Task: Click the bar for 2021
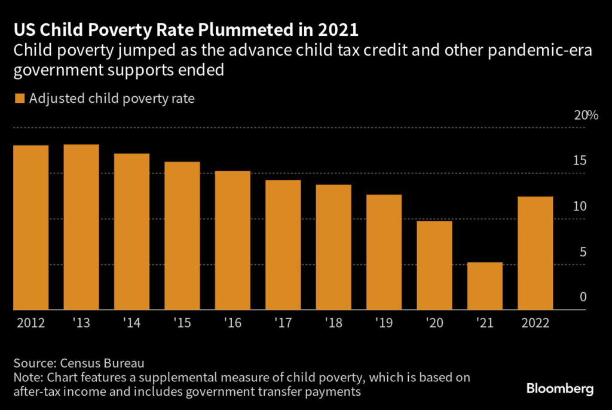pos(485,286)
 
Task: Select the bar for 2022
pos(535,253)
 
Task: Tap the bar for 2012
pos(30,228)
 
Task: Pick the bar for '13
pos(81,227)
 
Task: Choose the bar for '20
pos(434,265)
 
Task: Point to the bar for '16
pos(232,240)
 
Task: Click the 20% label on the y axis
pos(586,116)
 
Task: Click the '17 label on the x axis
pos(283,323)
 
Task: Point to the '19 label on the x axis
pos(384,323)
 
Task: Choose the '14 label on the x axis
pos(131,323)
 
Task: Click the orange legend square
pos(19,99)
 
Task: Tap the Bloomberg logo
pos(560,389)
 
